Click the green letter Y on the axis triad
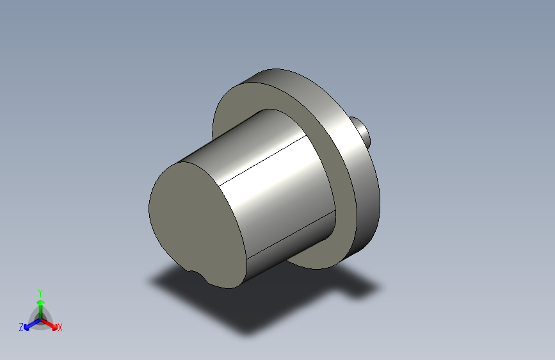(40, 293)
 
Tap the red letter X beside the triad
(60, 327)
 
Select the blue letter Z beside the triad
(21, 327)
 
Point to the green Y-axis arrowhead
(41, 302)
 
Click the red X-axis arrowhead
(54, 327)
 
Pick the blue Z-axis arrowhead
(26, 327)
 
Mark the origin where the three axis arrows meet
(41, 320)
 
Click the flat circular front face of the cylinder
(197, 223)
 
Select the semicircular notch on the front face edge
(198, 276)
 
